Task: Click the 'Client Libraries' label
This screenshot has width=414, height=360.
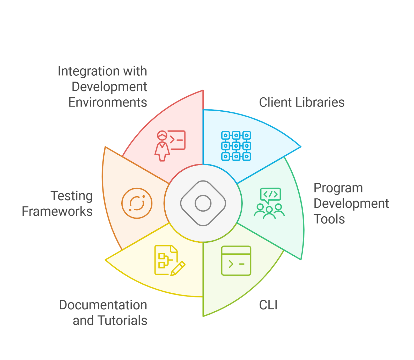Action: click(302, 102)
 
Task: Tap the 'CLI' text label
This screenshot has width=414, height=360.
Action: click(268, 305)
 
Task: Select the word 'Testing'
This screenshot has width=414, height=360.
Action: click(72, 196)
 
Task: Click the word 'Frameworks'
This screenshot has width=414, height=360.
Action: click(57, 211)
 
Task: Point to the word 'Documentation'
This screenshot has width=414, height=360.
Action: click(103, 305)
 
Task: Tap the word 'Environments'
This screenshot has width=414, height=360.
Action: click(108, 102)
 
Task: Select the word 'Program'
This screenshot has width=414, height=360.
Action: click(338, 188)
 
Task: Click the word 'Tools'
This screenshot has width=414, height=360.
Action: click(329, 219)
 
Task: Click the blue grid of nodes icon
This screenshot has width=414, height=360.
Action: click(236, 146)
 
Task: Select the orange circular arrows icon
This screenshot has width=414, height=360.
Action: click(137, 203)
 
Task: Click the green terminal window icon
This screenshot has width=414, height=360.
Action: click(236, 261)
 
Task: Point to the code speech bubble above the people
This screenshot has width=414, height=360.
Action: click(270, 195)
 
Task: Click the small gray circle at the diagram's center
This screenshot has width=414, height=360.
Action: click(203, 203)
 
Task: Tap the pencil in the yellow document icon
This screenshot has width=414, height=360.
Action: click(178, 269)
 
